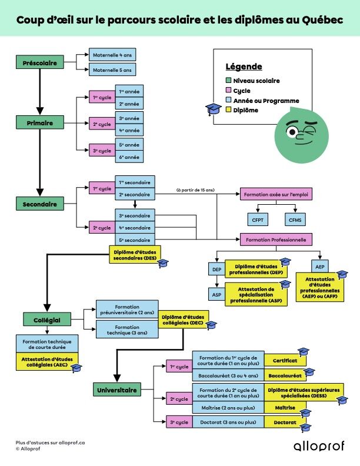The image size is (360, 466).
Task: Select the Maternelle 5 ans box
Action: point(112,71)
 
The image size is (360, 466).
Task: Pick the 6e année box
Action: point(129,157)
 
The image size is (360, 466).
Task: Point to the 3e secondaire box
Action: point(135,215)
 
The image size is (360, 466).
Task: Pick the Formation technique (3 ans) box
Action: point(127,330)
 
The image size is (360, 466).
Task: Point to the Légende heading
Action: point(244,66)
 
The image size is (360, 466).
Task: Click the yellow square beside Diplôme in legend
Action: point(229,110)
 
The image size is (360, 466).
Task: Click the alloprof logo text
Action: point(319,445)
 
